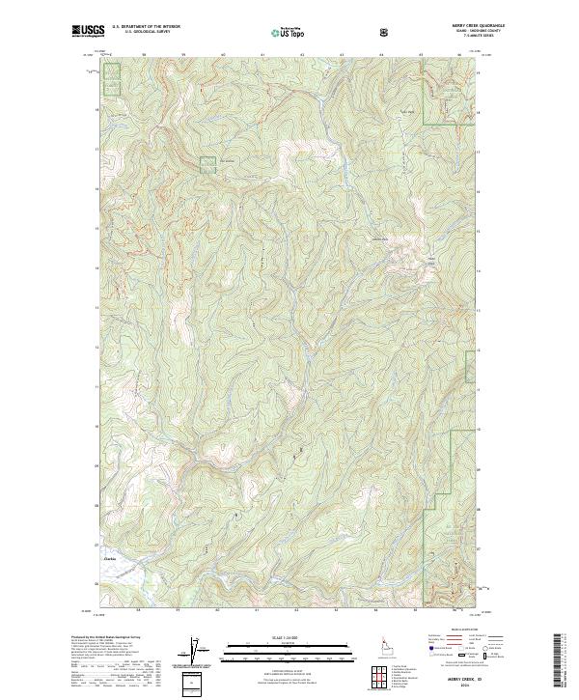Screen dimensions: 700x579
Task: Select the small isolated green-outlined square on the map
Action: coord(208,164)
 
